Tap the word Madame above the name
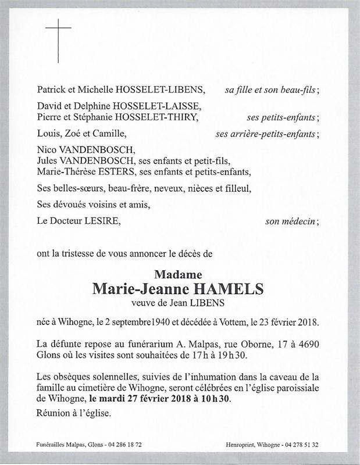[x=179, y=274]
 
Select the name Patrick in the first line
[x=51, y=90]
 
